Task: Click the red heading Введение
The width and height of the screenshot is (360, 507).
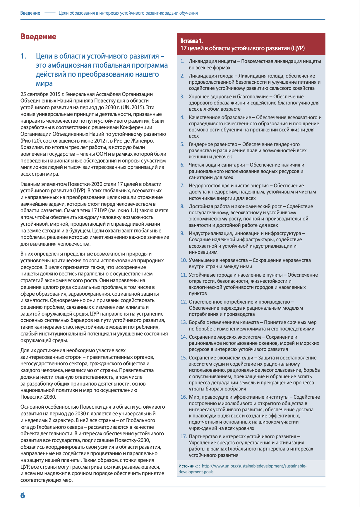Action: pos(38,37)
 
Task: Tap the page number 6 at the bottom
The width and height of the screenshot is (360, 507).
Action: pos(23,495)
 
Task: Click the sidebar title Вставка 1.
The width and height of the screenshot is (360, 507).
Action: pos(192,41)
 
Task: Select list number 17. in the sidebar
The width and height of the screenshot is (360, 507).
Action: pos(184,436)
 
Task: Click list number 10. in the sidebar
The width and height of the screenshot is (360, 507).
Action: pos(184,260)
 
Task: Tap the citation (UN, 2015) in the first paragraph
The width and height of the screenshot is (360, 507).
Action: pos(135,107)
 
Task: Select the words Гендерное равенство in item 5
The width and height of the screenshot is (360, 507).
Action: pos(213,144)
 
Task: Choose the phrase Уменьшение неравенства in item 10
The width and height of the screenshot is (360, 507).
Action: pos(218,260)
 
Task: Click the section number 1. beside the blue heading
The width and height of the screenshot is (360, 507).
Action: pos(23,56)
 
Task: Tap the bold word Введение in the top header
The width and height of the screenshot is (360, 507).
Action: pos(30,13)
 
